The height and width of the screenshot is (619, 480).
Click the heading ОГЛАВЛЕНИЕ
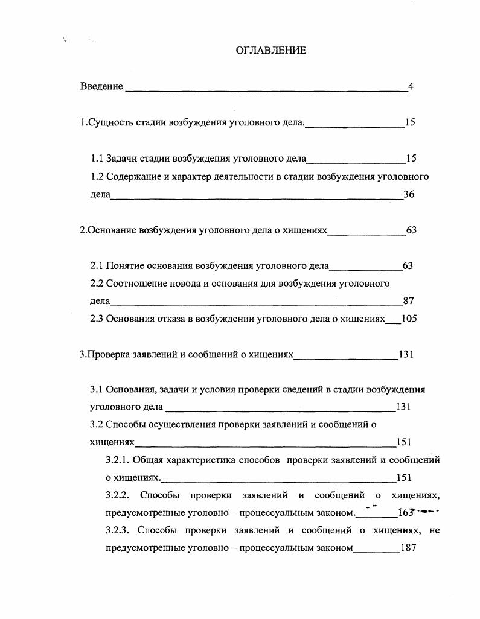(x=270, y=50)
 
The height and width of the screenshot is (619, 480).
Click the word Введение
(x=101, y=86)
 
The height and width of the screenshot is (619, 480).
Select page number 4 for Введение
(x=411, y=86)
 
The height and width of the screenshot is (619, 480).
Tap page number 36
(x=409, y=194)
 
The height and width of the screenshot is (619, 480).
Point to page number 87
(x=408, y=301)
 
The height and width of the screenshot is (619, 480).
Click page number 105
(x=409, y=319)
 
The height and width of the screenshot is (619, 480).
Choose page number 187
(x=409, y=549)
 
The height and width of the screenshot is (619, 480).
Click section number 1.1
(x=97, y=159)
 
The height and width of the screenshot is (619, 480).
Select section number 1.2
(x=97, y=177)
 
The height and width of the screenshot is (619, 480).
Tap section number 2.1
(x=97, y=265)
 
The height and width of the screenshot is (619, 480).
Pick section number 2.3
(x=97, y=319)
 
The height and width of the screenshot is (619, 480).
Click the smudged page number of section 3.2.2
(x=406, y=513)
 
